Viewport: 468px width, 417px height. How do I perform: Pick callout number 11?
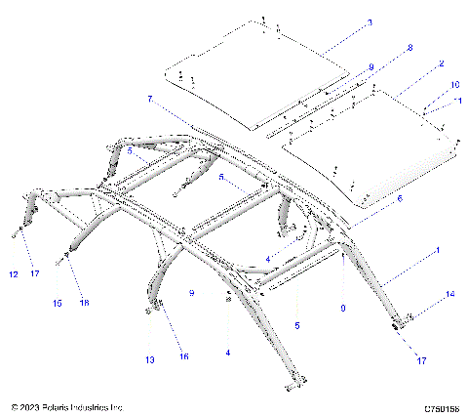click(459, 101)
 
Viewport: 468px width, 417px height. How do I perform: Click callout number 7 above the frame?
click(150, 99)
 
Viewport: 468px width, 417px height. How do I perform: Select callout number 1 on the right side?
click(438, 251)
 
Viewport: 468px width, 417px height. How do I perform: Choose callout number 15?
click(58, 304)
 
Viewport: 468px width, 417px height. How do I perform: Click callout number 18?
click(84, 304)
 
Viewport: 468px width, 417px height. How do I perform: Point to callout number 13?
click(149, 360)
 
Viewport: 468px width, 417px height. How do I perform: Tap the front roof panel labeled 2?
click(375, 146)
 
